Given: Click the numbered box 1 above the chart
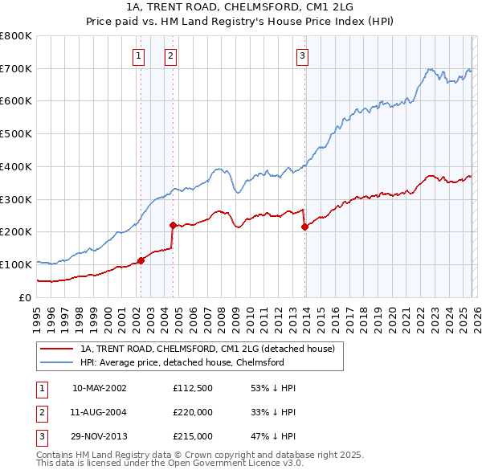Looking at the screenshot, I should [140, 55].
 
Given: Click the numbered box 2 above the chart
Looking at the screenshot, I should [172, 55].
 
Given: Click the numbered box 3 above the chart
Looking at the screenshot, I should [303, 55].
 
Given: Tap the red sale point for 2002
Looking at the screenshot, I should [141, 260].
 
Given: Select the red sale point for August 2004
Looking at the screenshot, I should [173, 226].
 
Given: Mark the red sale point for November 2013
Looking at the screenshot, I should [304, 227].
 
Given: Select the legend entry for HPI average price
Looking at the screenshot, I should [182, 362].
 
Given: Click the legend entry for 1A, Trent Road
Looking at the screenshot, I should [212, 349].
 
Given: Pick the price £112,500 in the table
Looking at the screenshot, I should [193, 388].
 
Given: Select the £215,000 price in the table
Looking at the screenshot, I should [193, 436].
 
